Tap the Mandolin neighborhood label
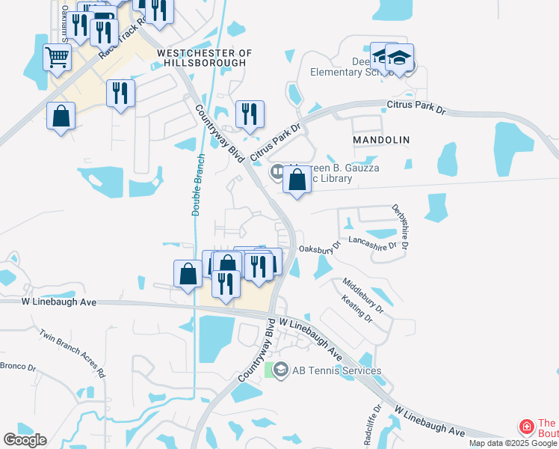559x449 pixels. click(x=382, y=140)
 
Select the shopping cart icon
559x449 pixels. click(x=58, y=56)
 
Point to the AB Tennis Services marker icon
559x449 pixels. click(x=280, y=370)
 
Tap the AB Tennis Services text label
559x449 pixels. click(x=336, y=370)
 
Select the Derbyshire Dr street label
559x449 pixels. click(x=401, y=227)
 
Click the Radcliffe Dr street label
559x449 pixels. click(x=374, y=425)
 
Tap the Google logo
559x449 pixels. click(x=25, y=440)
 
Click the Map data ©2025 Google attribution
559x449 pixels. click(x=513, y=443)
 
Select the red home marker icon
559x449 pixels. click(x=526, y=427)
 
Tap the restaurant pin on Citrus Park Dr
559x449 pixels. click(x=250, y=114)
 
